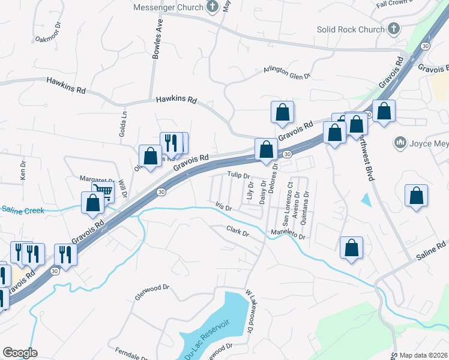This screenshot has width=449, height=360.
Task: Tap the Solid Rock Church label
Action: pos(351,29)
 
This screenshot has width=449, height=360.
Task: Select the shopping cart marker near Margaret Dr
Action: pos(103,192)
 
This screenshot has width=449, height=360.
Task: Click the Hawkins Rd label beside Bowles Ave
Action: pos(176,100)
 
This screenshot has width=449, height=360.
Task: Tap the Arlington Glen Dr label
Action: pos(286,72)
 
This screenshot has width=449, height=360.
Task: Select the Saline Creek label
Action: pos(20,209)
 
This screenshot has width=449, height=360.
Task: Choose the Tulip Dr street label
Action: pos(238,175)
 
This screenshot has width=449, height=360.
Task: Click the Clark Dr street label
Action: pos(237,230)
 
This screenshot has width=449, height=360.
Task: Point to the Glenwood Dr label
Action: pos(148,289)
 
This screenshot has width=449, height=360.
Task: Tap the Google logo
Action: pos(20,353)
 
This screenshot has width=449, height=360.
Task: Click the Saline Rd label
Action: pos(432,245)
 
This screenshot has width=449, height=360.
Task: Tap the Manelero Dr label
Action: pos(288,235)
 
